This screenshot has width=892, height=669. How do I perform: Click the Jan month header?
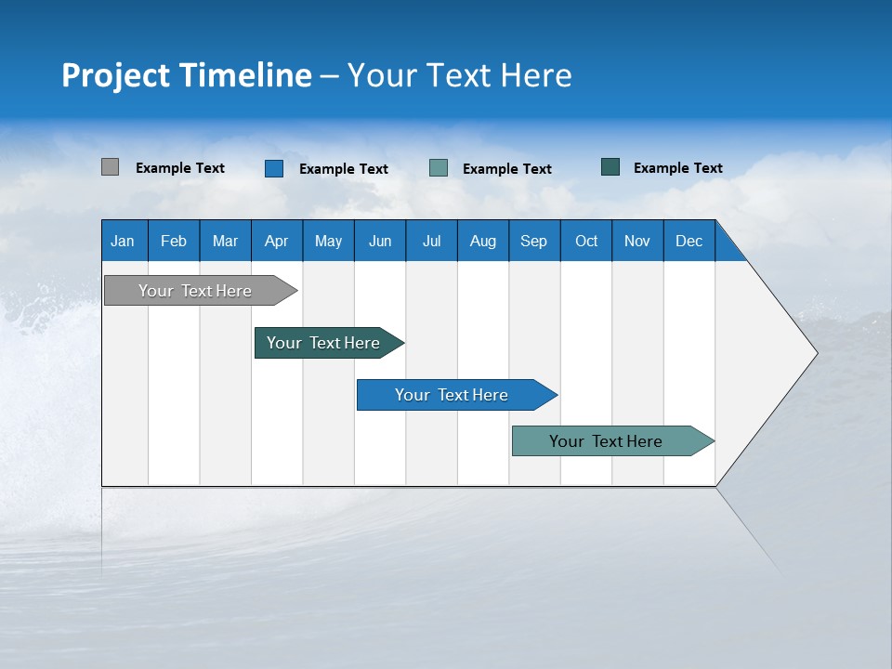[124, 241]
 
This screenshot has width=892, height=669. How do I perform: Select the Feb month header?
[174, 241]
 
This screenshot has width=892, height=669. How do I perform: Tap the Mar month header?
[225, 241]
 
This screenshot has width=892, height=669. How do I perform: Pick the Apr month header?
[277, 241]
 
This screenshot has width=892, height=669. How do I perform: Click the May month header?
[328, 241]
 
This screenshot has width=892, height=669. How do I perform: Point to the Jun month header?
[380, 241]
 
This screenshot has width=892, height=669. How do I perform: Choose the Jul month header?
[431, 241]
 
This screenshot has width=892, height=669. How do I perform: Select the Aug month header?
[483, 241]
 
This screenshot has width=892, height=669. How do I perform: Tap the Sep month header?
[534, 241]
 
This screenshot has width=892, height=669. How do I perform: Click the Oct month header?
[586, 241]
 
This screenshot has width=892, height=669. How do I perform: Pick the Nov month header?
[637, 241]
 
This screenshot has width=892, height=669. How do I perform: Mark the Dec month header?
[689, 241]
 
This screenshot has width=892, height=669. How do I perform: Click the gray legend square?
[110, 167]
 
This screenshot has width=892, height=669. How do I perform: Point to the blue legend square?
[274, 168]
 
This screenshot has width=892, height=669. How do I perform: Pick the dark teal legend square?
[610, 167]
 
